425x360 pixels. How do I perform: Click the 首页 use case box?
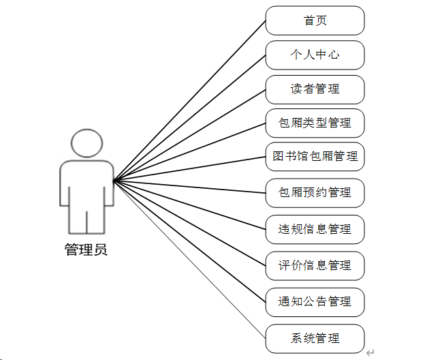pyautogui.click(x=315, y=20)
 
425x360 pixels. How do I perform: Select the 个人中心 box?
pyautogui.click(x=315, y=55)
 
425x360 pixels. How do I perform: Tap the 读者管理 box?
pyautogui.click(x=315, y=89)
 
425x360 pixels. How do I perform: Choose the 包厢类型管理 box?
pyautogui.click(x=315, y=123)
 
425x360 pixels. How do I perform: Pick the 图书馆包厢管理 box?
pyautogui.click(x=315, y=157)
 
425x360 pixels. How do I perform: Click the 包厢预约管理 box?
pyautogui.click(x=315, y=193)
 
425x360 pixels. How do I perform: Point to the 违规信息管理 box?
pyautogui.click(x=315, y=229)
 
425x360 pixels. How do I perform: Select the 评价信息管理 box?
pyautogui.click(x=315, y=265)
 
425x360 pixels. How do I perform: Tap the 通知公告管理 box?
pyautogui.click(x=315, y=301)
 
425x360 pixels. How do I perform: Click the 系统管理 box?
pyautogui.click(x=315, y=338)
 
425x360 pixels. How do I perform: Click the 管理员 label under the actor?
pyautogui.click(x=86, y=250)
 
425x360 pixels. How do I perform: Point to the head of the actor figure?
pyautogui.click(x=87, y=143)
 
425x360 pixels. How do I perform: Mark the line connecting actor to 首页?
pyautogui.click(x=189, y=101)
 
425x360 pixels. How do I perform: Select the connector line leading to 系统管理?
pyautogui.click(x=189, y=259)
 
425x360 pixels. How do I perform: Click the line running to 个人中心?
pyautogui.click(x=189, y=118)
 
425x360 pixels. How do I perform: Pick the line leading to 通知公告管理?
pyautogui.click(x=189, y=241)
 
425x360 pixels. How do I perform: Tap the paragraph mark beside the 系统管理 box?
pyautogui.click(x=371, y=352)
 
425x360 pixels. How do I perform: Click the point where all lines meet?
pyautogui.click(x=114, y=181)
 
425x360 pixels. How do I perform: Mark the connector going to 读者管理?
pyautogui.click(x=189, y=135)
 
